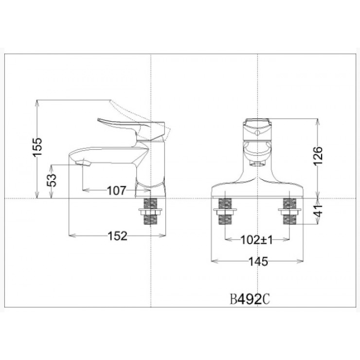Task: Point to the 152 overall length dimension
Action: tap(116, 236)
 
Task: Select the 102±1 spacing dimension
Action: tap(256, 240)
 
